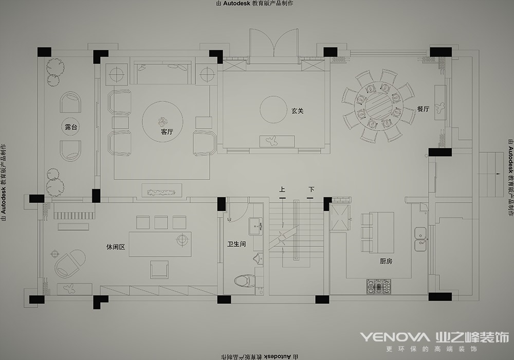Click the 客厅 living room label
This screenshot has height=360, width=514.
coord(167,132)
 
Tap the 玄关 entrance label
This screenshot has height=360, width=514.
coord(297,111)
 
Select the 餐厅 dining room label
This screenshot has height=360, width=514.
coord(423,109)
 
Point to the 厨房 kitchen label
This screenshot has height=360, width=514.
coord(386,261)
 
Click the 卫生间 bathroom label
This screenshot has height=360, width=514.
coord(236,244)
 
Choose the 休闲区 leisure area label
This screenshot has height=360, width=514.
coord(115,247)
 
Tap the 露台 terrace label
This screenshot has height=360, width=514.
coord(71,127)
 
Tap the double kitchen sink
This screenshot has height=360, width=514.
coord(420,239)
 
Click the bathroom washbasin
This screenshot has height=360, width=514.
coord(256,227)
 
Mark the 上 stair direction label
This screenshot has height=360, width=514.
coord(282,189)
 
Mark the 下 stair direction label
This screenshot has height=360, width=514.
coord(311,189)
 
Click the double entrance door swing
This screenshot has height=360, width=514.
coord(273,44)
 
